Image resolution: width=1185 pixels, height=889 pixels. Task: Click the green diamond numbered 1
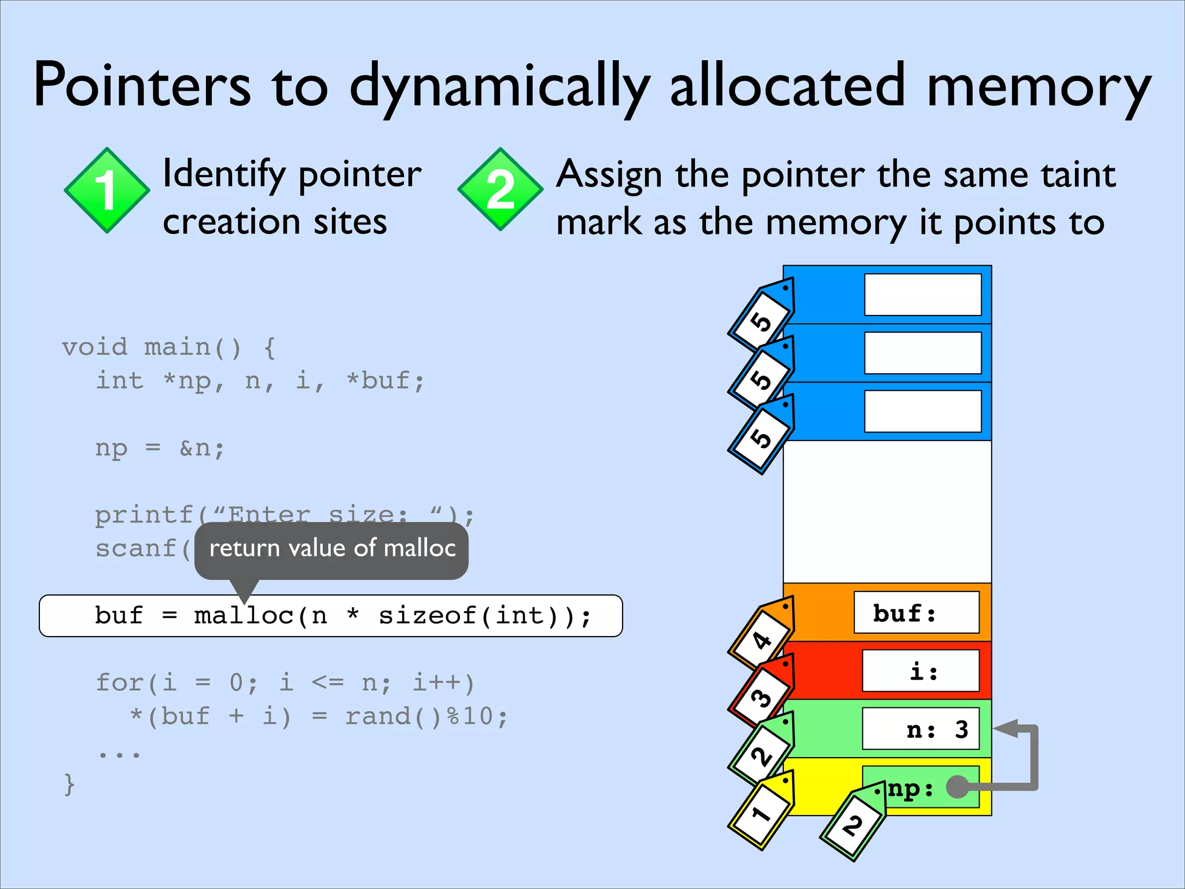[106, 190]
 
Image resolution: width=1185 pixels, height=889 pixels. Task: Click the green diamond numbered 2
[500, 189]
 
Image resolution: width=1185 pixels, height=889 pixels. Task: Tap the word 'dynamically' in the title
[500, 87]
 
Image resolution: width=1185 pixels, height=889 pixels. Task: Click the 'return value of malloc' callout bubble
[332, 549]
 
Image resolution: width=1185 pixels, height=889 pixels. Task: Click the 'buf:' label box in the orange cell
[917, 612]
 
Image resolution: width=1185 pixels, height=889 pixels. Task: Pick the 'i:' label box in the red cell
[921, 671]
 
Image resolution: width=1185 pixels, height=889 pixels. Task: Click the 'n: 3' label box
[921, 729]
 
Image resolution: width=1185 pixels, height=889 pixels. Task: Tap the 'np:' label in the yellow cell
[911, 788]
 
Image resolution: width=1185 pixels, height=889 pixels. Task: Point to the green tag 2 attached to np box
[853, 824]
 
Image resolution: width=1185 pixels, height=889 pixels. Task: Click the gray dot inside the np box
[957, 787]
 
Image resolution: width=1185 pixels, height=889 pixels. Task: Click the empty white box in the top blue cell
[922, 295]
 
